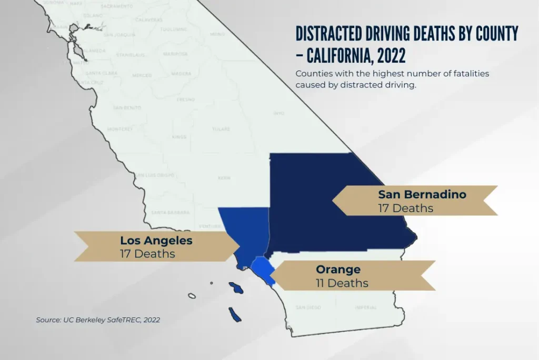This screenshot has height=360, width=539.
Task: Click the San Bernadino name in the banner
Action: (422, 195)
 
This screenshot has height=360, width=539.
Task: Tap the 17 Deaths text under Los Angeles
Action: (147, 254)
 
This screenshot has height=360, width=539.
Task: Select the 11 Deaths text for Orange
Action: (342, 283)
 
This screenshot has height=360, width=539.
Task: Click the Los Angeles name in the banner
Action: (156, 241)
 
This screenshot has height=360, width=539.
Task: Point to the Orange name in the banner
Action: (338, 270)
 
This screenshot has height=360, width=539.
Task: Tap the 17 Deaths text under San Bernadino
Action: (405, 208)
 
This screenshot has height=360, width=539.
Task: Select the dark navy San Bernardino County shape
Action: (326, 200)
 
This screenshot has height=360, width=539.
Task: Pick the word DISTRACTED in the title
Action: (328, 34)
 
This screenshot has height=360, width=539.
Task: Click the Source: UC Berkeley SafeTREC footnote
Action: (98, 320)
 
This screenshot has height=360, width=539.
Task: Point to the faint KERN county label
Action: (224, 178)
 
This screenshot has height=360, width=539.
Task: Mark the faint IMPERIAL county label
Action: (365, 307)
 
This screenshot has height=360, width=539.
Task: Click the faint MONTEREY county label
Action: (120, 129)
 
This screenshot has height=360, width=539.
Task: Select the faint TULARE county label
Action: (221, 129)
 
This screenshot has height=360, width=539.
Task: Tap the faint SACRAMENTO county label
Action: (117, 6)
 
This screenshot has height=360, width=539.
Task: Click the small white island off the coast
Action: (192, 296)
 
